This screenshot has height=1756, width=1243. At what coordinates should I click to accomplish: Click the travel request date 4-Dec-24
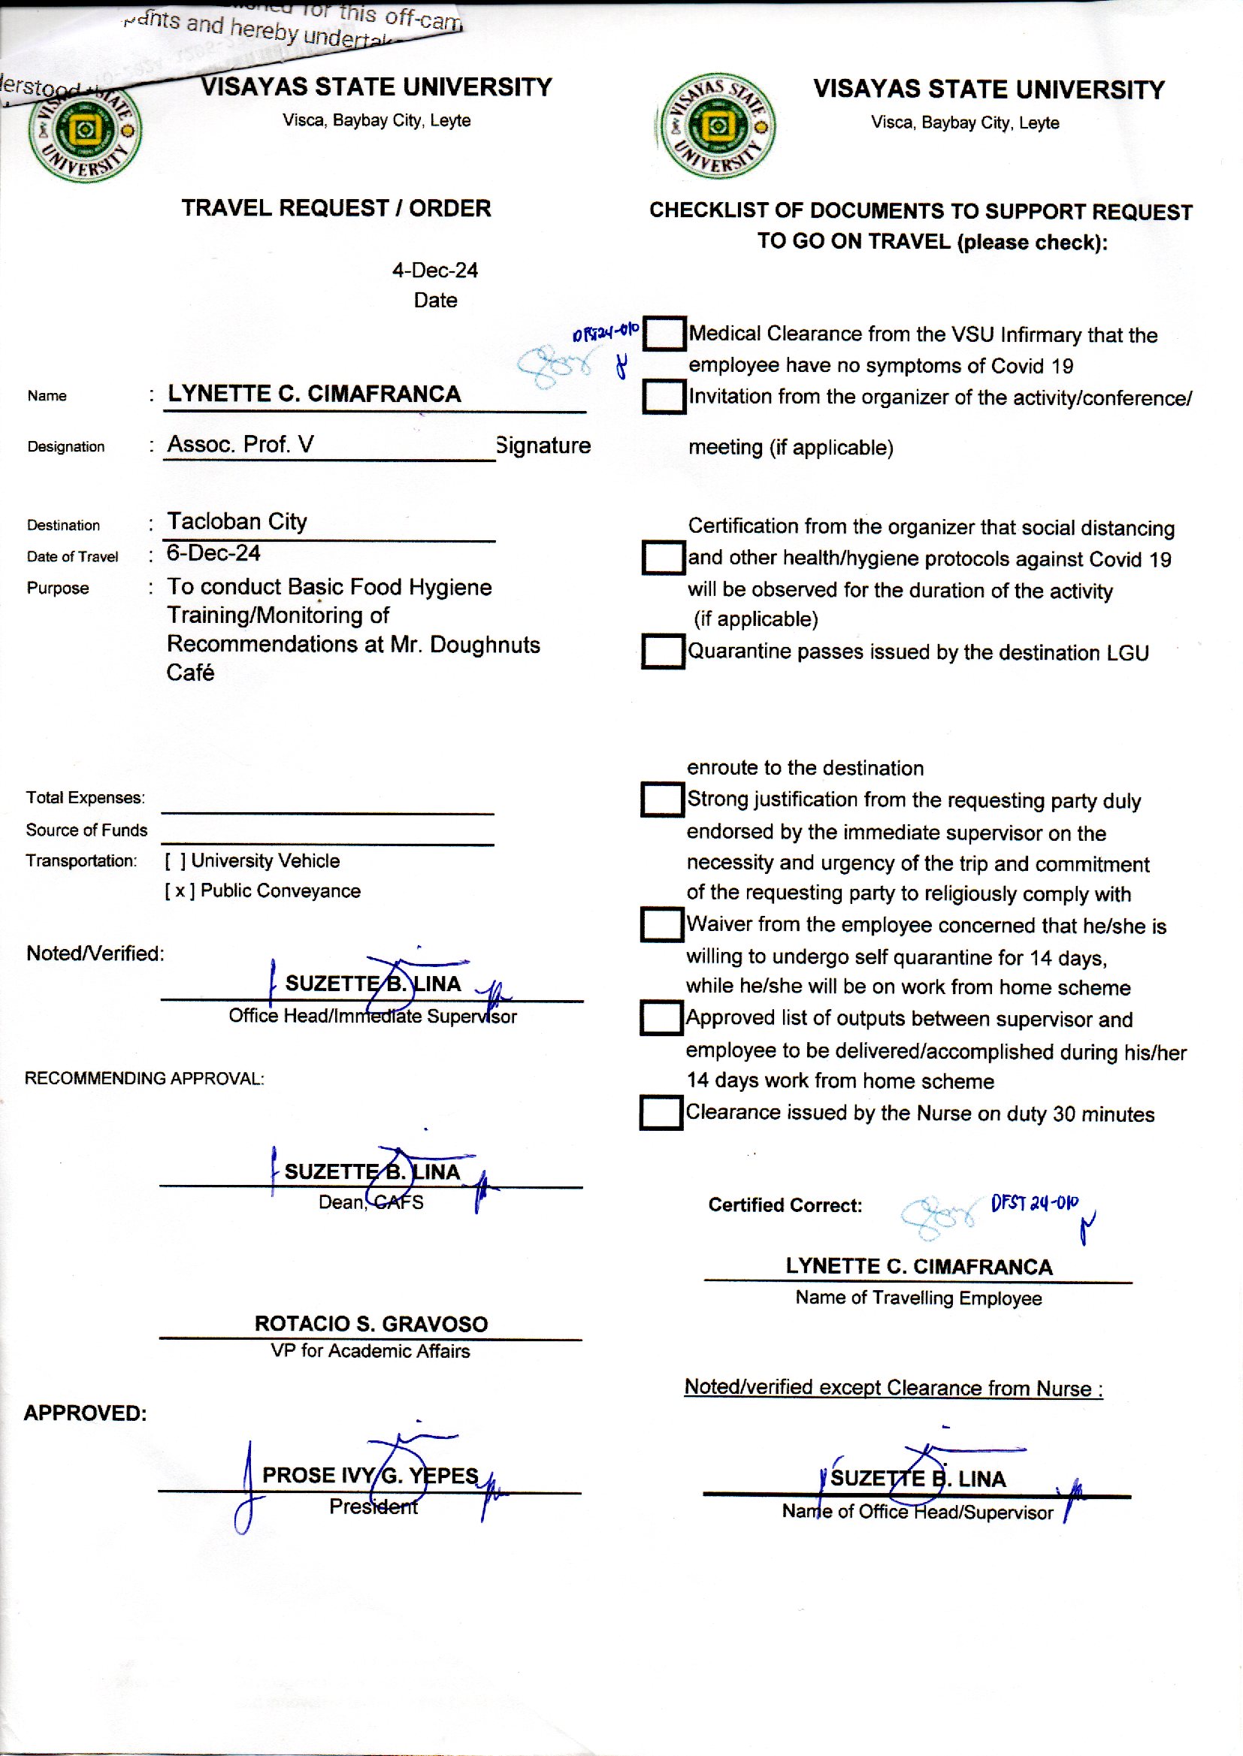(x=434, y=270)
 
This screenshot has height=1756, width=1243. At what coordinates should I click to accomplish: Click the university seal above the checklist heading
(x=717, y=125)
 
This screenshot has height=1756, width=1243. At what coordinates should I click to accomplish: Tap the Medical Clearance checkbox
(x=664, y=334)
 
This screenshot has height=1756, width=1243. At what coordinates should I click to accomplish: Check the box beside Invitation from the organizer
(x=664, y=397)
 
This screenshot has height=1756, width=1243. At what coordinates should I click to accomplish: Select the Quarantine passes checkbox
(x=662, y=652)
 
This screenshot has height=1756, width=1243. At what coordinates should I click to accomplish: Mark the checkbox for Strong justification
(x=661, y=799)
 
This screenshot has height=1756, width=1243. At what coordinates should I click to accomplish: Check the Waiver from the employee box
(x=661, y=924)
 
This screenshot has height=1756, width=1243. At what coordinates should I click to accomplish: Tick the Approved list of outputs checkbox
(x=661, y=1018)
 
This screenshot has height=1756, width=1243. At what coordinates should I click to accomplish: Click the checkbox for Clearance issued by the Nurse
(x=661, y=1113)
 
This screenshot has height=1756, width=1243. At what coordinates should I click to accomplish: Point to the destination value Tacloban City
(x=237, y=521)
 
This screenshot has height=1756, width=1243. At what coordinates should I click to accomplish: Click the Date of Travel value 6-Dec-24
(x=213, y=553)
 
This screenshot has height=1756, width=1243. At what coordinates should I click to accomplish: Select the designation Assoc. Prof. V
(x=240, y=445)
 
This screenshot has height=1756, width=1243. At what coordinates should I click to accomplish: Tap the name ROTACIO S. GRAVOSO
(x=371, y=1324)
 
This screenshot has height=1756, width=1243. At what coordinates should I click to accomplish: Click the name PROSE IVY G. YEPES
(x=370, y=1475)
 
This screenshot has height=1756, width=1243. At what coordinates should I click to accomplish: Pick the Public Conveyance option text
(x=280, y=890)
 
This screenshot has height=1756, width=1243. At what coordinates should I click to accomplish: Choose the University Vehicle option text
(x=265, y=861)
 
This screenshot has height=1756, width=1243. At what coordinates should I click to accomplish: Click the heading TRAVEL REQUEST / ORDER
(x=336, y=208)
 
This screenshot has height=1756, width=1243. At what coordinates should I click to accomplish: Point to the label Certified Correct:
(x=785, y=1205)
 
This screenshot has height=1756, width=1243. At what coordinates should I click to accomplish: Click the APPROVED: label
(x=85, y=1413)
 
